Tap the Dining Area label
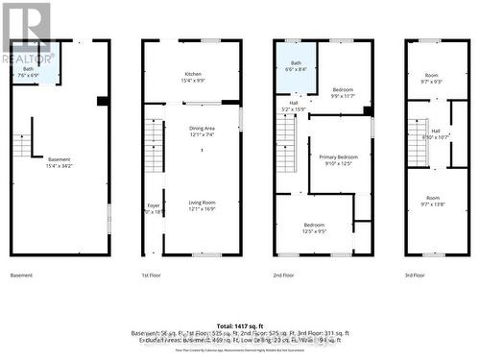click(201, 131)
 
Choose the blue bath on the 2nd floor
click(296, 66)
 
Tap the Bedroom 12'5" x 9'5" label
click(316, 228)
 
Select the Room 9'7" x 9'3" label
click(431, 79)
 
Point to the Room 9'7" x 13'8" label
click(431, 202)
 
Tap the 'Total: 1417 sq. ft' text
click(240, 326)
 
